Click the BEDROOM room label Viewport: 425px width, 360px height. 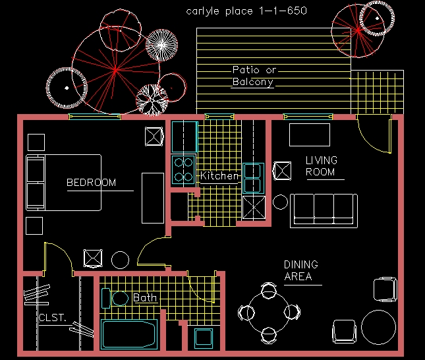(x=91, y=183)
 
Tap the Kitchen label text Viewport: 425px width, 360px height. (x=219, y=177)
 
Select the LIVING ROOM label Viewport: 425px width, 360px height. (x=321, y=166)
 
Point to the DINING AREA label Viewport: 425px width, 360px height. (x=300, y=270)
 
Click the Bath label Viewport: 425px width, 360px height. (x=145, y=298)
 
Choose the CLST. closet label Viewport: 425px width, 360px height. (x=52, y=318)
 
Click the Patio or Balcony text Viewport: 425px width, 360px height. (x=254, y=76)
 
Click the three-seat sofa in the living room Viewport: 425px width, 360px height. (x=324, y=210)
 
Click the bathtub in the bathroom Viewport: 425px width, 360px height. (x=130, y=334)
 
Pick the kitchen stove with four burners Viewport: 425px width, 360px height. (x=183, y=169)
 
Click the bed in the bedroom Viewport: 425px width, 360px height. (x=64, y=183)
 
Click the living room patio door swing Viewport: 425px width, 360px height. (x=372, y=135)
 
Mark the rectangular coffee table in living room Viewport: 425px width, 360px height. (x=309, y=135)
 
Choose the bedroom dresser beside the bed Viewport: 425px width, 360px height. (x=152, y=197)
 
